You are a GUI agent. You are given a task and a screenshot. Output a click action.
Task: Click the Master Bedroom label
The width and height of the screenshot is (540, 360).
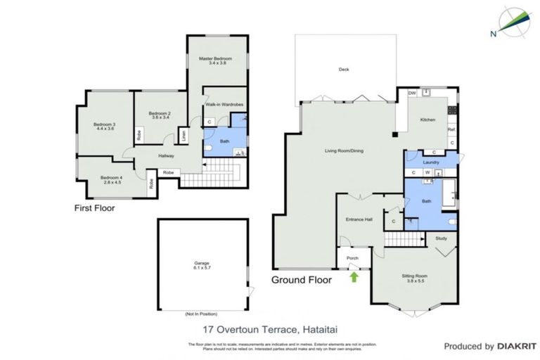pyautogui.click(x=214, y=61)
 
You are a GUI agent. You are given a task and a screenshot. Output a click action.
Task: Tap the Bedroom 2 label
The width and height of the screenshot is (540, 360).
pyautogui.click(x=159, y=115)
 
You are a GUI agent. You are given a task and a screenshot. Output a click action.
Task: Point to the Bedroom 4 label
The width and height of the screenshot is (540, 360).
pyautogui.click(x=111, y=179)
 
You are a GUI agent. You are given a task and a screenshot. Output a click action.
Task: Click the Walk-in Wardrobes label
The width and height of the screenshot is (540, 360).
pyautogui.click(x=224, y=104)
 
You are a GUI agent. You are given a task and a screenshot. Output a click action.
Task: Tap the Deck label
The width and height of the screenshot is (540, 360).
pyautogui.click(x=343, y=70)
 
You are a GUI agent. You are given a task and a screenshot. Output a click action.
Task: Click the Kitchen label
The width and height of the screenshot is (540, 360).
pyautogui.click(x=428, y=120)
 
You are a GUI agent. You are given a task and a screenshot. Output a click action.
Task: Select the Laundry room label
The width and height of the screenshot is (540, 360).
pyautogui.click(x=431, y=162)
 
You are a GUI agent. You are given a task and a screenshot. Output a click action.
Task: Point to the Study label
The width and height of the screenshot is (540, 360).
pyautogui.click(x=441, y=238)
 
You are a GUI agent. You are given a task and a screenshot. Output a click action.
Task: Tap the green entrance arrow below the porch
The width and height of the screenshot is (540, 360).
pyautogui.click(x=354, y=277)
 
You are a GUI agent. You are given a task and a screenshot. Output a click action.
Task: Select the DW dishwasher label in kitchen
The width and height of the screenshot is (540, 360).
pyautogui.click(x=413, y=93)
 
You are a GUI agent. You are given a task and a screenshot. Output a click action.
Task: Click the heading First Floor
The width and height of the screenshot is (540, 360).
pyautogui.click(x=95, y=208)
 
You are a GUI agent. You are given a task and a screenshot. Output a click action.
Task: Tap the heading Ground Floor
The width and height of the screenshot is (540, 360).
pyautogui.click(x=302, y=279)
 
